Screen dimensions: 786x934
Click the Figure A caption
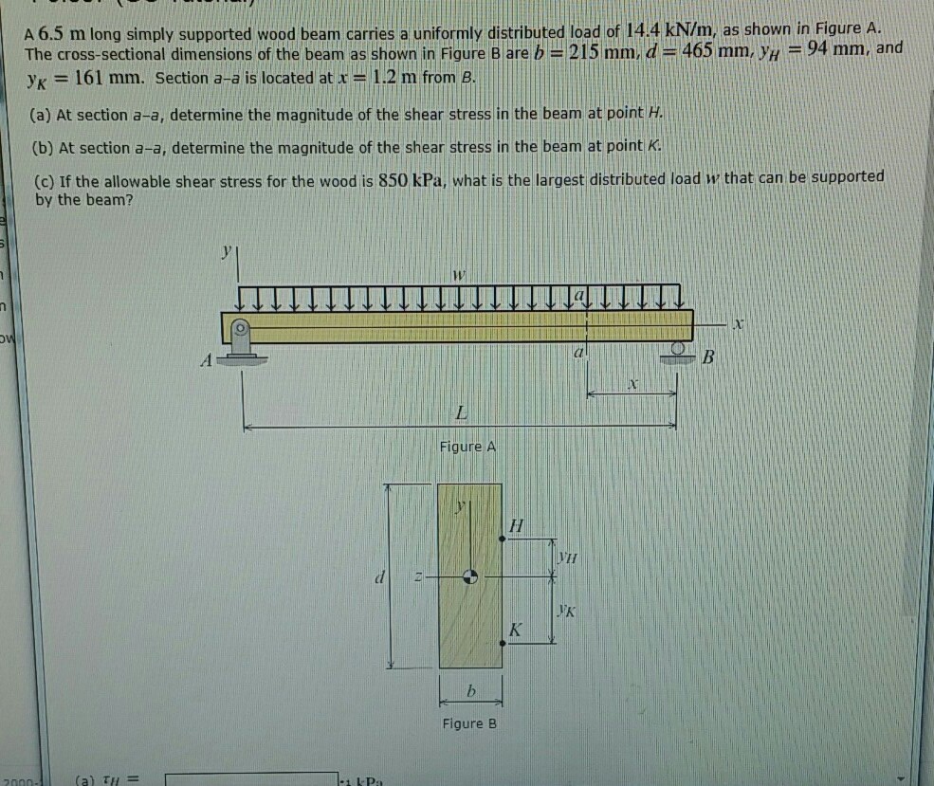[x=467, y=447]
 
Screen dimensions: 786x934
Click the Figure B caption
[x=469, y=723]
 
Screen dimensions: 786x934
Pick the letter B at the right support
[x=707, y=359]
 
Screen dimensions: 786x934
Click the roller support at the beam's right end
[x=675, y=350]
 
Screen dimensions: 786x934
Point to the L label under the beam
[x=461, y=412]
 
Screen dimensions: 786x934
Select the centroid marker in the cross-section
[x=469, y=576]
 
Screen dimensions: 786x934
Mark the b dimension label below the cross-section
[x=469, y=693]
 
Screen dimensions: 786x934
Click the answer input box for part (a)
[x=252, y=780]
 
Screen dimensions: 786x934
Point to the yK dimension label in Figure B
[x=566, y=612]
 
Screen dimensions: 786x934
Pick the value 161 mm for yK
[x=103, y=77]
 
